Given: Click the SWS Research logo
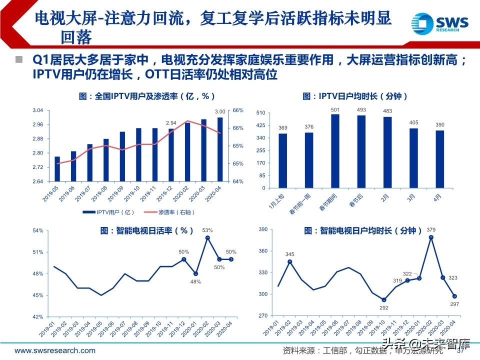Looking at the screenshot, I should point(439,23).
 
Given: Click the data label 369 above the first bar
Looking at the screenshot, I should point(283,128).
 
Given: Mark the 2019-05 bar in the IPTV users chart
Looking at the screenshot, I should point(57,168).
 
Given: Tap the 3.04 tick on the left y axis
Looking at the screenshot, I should point(38,110).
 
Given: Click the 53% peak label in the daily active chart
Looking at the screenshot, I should point(207,230).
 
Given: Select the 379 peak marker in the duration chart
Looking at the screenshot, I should point(431,237).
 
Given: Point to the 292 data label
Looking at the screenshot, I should point(383,308).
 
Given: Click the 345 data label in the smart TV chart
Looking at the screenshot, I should point(290,254).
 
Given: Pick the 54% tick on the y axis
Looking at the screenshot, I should point(38,230).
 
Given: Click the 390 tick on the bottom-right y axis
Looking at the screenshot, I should point(263,229).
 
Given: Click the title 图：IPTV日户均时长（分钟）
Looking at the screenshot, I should point(355,96).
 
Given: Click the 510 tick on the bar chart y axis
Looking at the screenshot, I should point(260,112).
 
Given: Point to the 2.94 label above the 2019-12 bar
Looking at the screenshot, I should point(171,122).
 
